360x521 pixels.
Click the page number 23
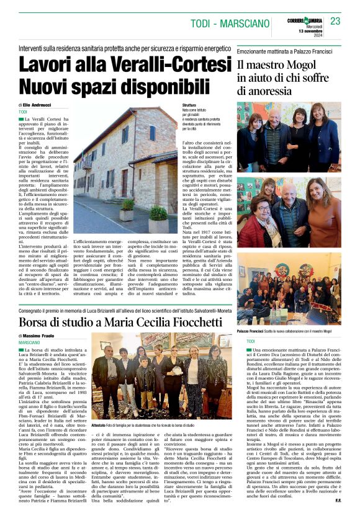pyautogui.click(x=335, y=22)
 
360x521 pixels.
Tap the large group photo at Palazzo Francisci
pyautogui.click(x=289, y=288)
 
